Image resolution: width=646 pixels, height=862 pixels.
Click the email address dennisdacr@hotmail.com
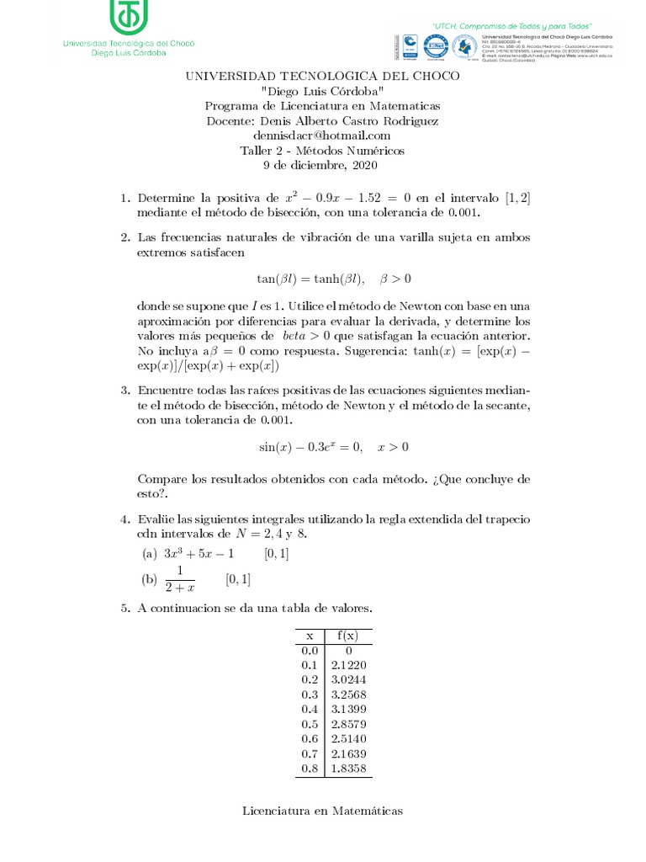pyautogui.click(x=322, y=136)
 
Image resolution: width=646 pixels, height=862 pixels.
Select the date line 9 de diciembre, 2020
pyautogui.click(x=322, y=166)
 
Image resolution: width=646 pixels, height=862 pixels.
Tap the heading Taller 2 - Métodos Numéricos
pyautogui.click(x=322, y=151)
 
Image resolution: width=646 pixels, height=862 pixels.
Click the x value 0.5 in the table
pyautogui.click(x=310, y=724)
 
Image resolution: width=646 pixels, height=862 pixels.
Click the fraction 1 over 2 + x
pyautogui.click(x=179, y=579)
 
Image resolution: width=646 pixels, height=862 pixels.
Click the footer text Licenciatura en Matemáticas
pyautogui.click(x=322, y=811)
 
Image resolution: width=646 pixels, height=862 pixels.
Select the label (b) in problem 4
pyautogui.click(x=149, y=579)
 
